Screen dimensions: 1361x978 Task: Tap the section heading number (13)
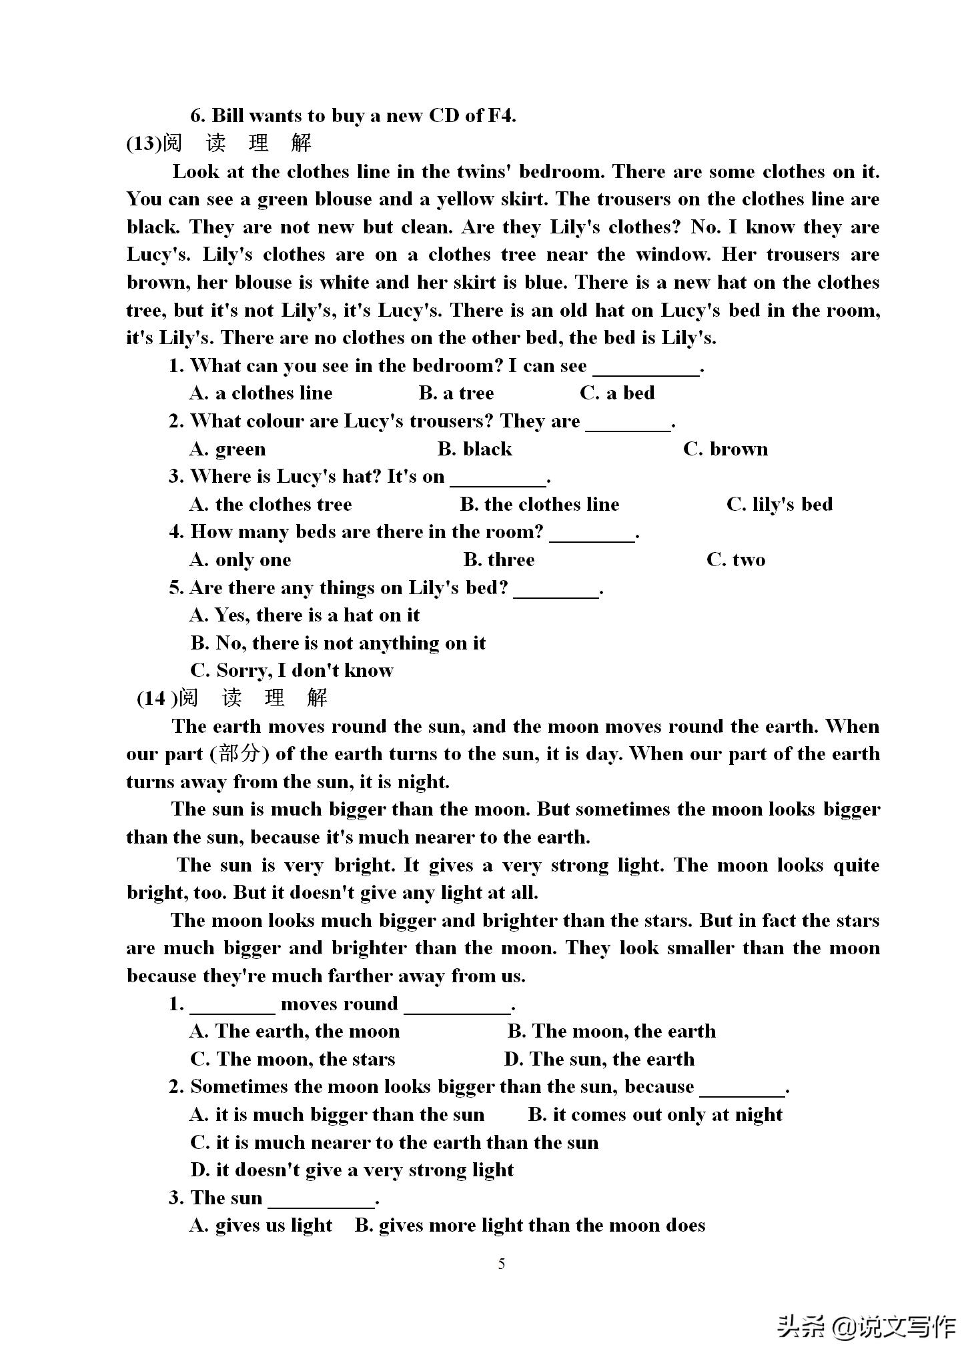click(x=144, y=144)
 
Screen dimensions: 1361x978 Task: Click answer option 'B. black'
click(x=474, y=449)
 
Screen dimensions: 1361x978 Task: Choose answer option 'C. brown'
click(x=725, y=449)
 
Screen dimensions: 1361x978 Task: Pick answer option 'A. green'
click(x=227, y=449)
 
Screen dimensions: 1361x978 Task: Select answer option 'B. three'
click(x=499, y=559)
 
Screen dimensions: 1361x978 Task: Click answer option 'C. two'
click(x=736, y=559)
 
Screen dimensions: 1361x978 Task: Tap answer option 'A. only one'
click(x=240, y=559)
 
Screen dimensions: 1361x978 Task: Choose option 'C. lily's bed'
click(x=779, y=504)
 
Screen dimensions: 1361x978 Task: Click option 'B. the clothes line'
click(x=539, y=504)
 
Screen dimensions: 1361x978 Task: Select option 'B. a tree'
click(x=456, y=393)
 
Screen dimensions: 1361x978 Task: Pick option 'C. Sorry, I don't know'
click(x=292, y=670)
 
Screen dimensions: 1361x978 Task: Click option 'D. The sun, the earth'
click(x=599, y=1059)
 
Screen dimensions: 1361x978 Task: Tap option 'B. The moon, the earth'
click(x=611, y=1031)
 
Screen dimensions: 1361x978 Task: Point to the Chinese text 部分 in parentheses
click(x=239, y=754)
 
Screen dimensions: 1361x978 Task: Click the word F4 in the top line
click(x=501, y=116)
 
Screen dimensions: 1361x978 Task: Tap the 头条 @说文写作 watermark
click(x=867, y=1327)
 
